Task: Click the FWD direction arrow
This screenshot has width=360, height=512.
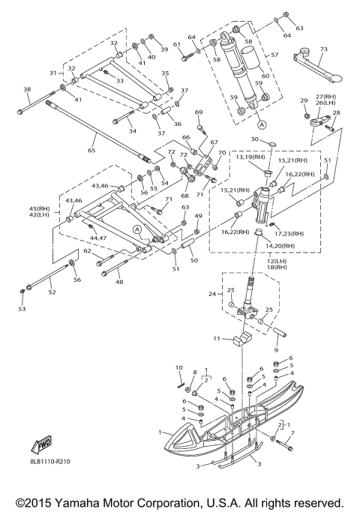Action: (x=41, y=445)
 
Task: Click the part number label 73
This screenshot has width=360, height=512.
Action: (x=323, y=49)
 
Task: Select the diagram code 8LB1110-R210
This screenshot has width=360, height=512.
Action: (x=49, y=462)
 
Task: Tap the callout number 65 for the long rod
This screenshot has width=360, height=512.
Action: (x=91, y=150)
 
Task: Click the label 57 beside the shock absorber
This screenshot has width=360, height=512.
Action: (x=274, y=55)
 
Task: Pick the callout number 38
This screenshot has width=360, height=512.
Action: (x=27, y=89)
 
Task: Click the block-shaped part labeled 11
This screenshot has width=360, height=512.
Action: (x=242, y=340)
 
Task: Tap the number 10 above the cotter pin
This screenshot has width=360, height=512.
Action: (x=179, y=368)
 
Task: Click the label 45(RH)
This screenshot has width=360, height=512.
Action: (x=39, y=208)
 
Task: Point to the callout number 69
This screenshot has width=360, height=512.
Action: (x=199, y=112)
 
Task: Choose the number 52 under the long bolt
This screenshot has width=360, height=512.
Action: (x=52, y=292)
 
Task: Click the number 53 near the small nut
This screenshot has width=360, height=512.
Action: (x=22, y=309)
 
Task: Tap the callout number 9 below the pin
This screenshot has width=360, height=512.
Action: (x=276, y=350)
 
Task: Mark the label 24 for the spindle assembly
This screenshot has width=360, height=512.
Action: (x=212, y=294)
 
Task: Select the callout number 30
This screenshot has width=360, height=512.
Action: (x=255, y=139)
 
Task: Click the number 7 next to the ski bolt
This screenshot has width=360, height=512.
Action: (x=292, y=433)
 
